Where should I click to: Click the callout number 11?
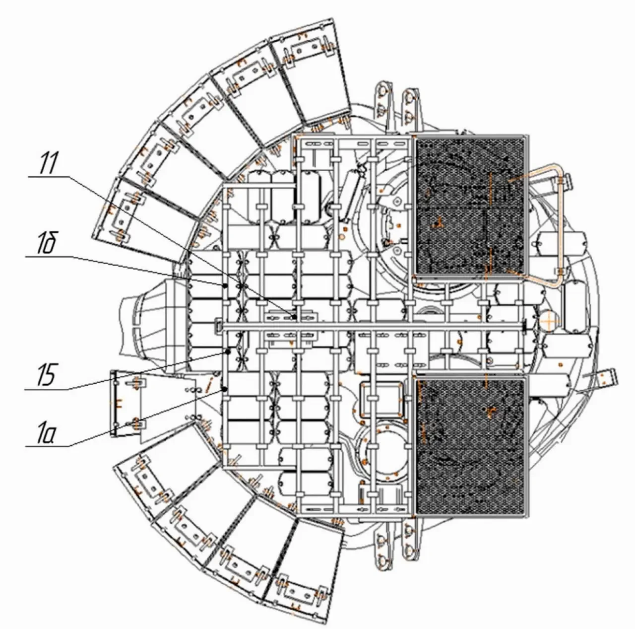(x=48, y=163)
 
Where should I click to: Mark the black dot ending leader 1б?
(x=225, y=285)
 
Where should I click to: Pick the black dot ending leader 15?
(x=228, y=352)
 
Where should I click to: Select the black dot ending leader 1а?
(x=225, y=390)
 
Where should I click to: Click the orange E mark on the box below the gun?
(x=117, y=403)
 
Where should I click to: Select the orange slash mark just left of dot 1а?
(x=208, y=385)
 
